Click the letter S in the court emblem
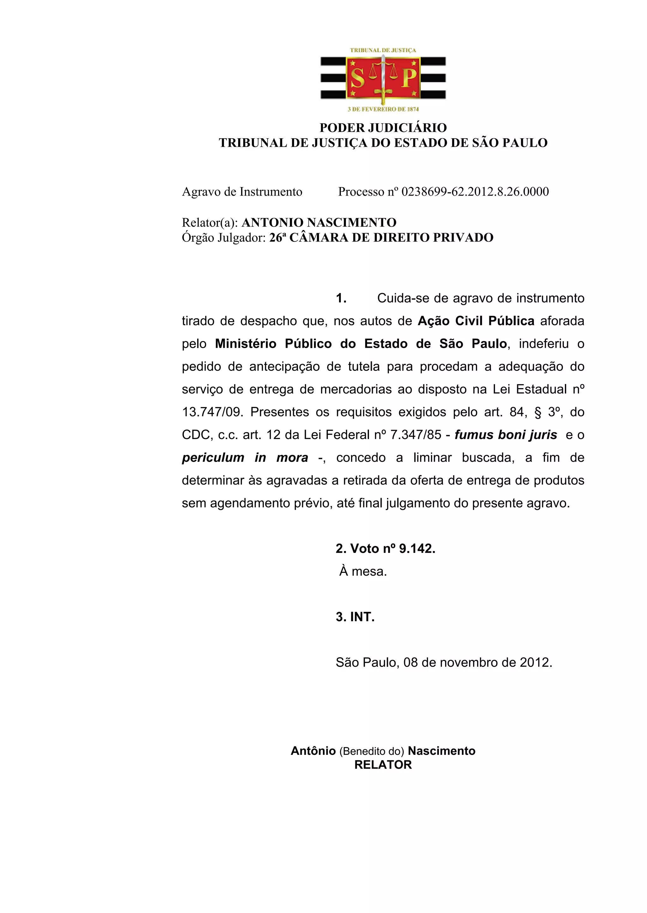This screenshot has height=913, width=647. coord(357,78)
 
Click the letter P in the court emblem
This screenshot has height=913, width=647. coord(409,78)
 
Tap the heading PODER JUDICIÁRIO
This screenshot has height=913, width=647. coord(383,128)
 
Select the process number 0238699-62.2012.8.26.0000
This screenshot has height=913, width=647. coord(475,192)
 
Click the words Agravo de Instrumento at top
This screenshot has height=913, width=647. coord(242,192)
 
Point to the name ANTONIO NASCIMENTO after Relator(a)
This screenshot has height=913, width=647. coord(319,222)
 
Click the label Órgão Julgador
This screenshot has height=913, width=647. coord(223,238)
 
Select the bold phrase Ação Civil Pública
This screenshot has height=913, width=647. coord(476,321)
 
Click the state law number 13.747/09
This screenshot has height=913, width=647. coord(212,412)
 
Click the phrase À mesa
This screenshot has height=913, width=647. coord(363,572)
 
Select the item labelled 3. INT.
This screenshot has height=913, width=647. coord(355,617)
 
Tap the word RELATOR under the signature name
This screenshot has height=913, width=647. coord(383,765)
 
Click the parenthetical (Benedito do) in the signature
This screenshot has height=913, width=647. coord(372,751)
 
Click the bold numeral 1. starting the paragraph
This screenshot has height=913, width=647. coord(341,298)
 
